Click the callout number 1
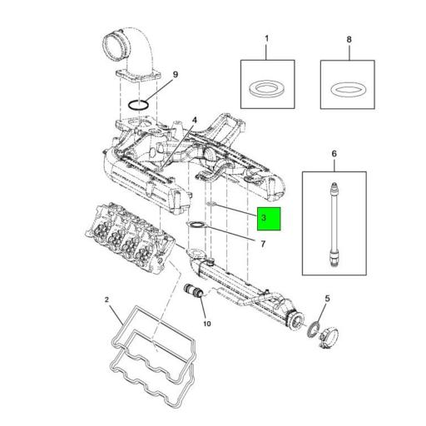point(266,39)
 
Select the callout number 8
point(348,39)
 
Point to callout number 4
point(194,120)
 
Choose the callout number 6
point(334,154)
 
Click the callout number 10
point(207,323)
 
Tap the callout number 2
point(106,299)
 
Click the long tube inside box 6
point(334,223)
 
